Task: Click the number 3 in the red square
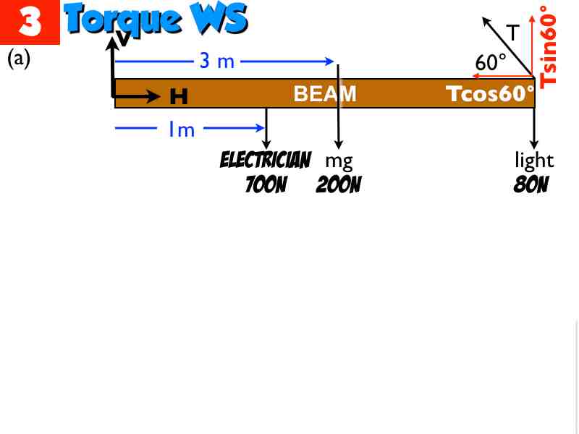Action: tap(30, 21)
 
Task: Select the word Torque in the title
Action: tap(122, 20)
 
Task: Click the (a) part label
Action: tap(19, 59)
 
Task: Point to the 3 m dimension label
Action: tap(216, 61)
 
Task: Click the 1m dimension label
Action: tap(182, 129)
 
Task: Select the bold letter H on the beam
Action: tap(179, 96)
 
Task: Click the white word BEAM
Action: tap(325, 94)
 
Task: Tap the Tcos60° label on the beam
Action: tap(490, 93)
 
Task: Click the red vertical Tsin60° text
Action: tap(548, 47)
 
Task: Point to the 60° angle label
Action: tap(491, 62)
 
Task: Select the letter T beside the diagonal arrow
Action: tap(513, 33)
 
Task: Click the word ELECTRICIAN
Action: tap(266, 160)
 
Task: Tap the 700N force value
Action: tap(266, 184)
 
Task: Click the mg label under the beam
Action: tap(339, 161)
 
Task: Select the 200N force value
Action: tap(339, 184)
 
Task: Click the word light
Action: tap(534, 160)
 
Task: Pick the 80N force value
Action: tap(531, 184)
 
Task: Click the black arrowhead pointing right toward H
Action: tap(153, 97)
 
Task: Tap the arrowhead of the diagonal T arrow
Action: tap(486, 22)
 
